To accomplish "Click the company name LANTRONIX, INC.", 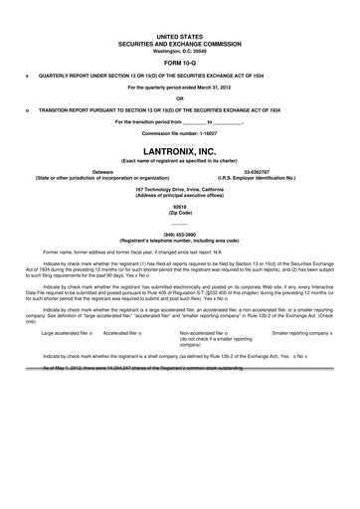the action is pos(179,151).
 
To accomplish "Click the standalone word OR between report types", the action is pos(179,97).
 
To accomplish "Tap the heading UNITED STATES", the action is pos(179,34).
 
